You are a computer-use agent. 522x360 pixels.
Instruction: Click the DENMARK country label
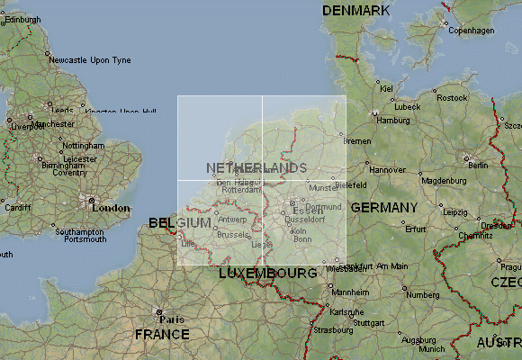[x=356, y=11]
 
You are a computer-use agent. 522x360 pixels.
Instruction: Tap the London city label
[x=112, y=208]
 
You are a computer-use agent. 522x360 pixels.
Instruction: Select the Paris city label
[x=172, y=319]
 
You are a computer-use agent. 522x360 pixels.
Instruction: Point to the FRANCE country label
[x=162, y=334]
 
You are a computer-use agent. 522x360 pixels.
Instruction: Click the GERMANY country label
[x=384, y=208]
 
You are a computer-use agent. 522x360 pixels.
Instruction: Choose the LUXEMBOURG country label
[x=267, y=273]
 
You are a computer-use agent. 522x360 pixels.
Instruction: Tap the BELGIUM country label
[x=180, y=222]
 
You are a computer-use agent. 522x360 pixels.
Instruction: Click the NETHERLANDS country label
[x=256, y=168]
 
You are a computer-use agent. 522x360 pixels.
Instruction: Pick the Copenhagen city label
[x=472, y=31]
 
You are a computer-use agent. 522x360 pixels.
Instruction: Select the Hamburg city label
[x=393, y=121]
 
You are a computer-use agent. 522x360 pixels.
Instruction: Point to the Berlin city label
[x=478, y=166]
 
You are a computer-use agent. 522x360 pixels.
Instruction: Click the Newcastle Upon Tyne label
[x=90, y=60]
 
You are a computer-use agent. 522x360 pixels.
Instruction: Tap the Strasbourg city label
[x=334, y=330]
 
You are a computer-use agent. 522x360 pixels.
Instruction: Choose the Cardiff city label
[x=17, y=208]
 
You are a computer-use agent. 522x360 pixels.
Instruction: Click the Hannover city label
[x=388, y=169]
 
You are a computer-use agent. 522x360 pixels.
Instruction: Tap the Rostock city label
[x=452, y=98]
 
